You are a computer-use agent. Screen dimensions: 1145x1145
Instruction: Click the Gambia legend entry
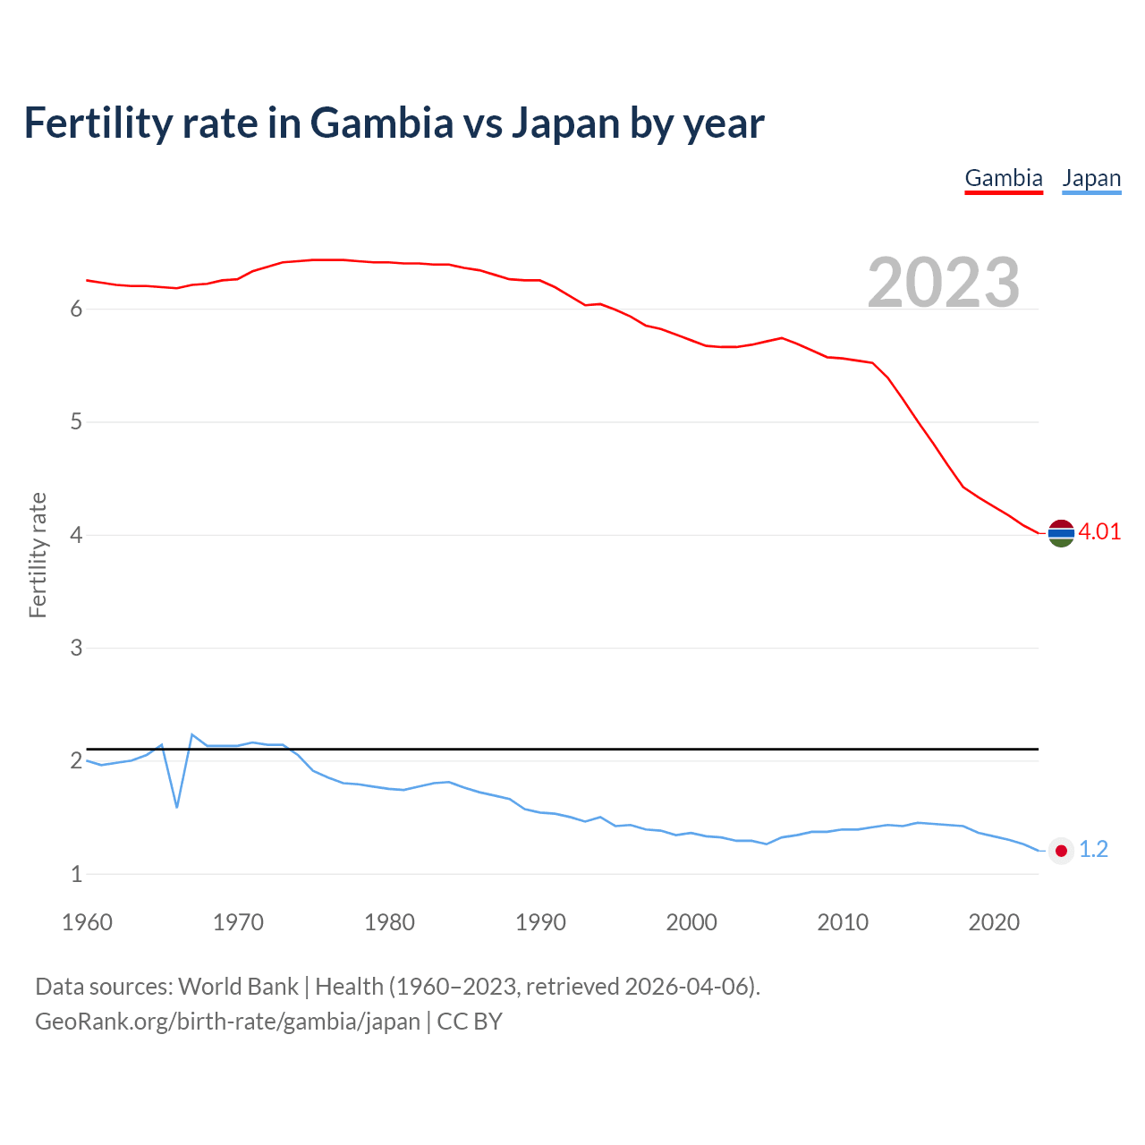coord(1004,178)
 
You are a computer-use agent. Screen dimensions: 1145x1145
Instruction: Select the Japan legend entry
coord(1091,178)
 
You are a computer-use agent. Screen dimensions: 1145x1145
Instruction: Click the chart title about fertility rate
coord(394,123)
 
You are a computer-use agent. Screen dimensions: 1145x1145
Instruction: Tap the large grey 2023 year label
coord(944,282)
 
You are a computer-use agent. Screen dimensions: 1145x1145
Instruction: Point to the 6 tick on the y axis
coord(76,309)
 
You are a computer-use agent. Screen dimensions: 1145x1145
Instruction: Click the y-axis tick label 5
coord(76,421)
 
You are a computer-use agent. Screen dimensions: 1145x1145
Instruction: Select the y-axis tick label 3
coord(76,648)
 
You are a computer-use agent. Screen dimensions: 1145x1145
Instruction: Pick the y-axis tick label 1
coord(76,874)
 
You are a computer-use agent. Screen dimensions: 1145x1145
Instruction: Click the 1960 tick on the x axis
coord(87,922)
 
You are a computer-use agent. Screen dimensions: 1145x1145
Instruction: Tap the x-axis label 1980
coord(389,922)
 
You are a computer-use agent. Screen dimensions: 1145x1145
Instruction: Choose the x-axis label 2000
coord(691,922)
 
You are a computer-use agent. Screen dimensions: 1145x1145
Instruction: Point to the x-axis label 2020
coord(994,922)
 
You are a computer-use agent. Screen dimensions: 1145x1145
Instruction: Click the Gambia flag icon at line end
coord(1061,533)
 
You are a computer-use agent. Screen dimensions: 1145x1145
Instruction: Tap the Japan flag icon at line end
coord(1061,851)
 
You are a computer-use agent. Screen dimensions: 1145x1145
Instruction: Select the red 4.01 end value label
coord(1099,531)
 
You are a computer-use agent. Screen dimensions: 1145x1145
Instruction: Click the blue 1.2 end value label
coord(1093,849)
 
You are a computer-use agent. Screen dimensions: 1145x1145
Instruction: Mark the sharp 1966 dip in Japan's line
coord(177,807)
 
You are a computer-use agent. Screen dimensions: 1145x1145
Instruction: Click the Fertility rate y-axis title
coord(38,555)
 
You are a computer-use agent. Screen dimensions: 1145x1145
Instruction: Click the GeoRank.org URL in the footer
coord(227,1021)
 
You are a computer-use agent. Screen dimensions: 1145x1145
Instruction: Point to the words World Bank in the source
coord(238,986)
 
